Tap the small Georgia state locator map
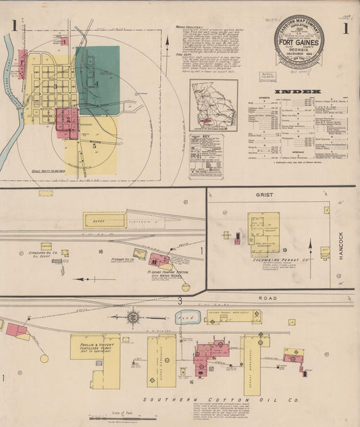click(x=213, y=104)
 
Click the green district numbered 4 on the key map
click(x=97, y=81)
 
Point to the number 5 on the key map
click(x=95, y=145)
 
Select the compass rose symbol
click(x=134, y=316)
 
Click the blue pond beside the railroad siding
click(x=185, y=316)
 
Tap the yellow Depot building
click(x=104, y=220)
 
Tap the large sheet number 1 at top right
click(x=345, y=29)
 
